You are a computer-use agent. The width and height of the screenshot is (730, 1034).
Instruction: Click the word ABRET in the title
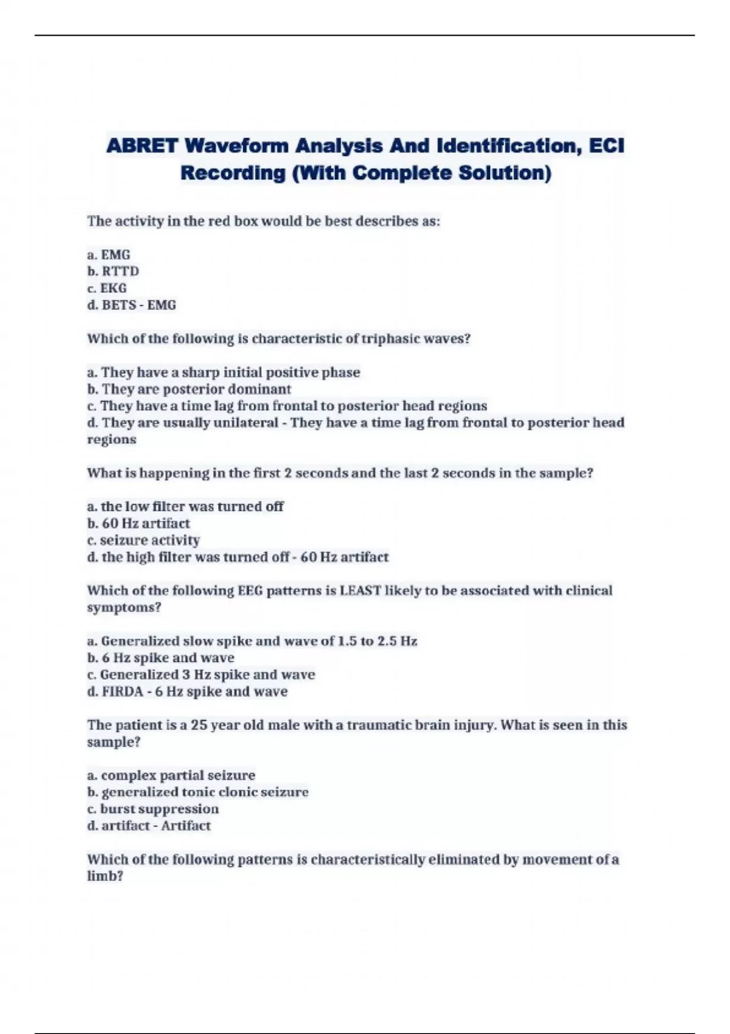point(142,146)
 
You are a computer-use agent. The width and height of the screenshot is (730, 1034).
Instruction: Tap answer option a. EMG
point(109,255)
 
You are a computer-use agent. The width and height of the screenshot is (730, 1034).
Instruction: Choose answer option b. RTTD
point(113,271)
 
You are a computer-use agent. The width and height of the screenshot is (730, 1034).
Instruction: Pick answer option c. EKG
point(107,288)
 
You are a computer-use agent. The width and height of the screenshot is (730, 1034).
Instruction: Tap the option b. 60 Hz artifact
point(139,524)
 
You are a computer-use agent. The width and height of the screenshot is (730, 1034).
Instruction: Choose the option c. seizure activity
point(144,540)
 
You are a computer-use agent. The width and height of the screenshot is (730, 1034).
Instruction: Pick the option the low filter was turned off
point(186,507)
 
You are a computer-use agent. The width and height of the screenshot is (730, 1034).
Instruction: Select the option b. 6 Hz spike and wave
point(161,658)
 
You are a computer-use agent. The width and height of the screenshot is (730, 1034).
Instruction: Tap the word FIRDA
point(121,692)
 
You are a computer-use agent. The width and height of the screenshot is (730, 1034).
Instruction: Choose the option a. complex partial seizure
point(171,775)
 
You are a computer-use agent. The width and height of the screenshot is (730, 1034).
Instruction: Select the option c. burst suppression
point(153,809)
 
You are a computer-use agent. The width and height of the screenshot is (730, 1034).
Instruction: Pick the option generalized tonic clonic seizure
point(198,793)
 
